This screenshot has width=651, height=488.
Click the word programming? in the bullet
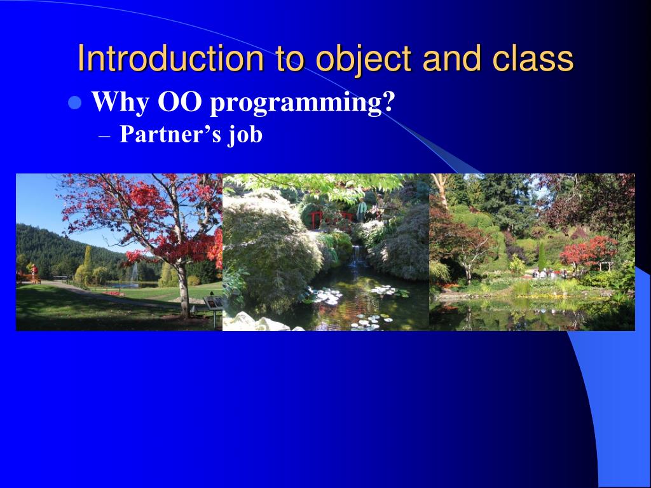click(302, 104)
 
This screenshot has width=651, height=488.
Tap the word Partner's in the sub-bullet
click(170, 135)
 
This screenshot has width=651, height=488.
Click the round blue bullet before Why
click(75, 102)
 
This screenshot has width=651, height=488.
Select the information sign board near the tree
click(214, 302)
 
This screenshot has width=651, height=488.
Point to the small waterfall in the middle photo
click(356, 255)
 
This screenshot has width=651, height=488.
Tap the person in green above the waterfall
click(362, 210)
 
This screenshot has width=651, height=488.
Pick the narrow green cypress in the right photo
click(542, 255)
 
